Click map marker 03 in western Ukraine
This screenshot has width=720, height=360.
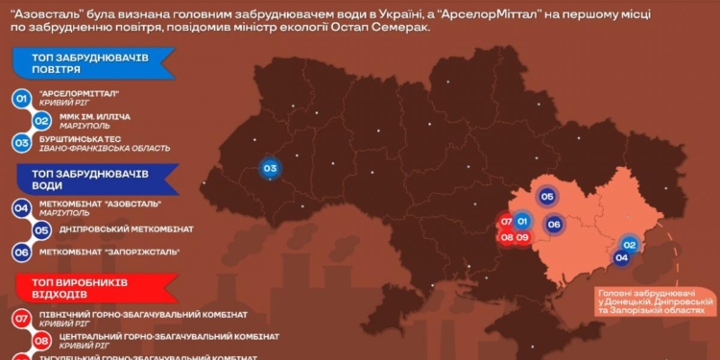(x=270, y=170)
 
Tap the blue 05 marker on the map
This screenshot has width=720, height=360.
(x=547, y=196)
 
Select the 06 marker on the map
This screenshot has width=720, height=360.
(x=553, y=224)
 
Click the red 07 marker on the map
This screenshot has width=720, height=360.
(x=506, y=222)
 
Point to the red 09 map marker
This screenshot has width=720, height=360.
(x=523, y=237)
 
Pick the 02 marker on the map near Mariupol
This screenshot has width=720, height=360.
(x=629, y=245)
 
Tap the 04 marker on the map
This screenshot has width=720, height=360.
(x=621, y=257)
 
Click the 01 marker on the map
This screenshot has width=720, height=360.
(x=522, y=221)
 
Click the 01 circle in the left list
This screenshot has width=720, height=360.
(x=21, y=98)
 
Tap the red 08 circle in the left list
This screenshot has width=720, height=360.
(x=42, y=340)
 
